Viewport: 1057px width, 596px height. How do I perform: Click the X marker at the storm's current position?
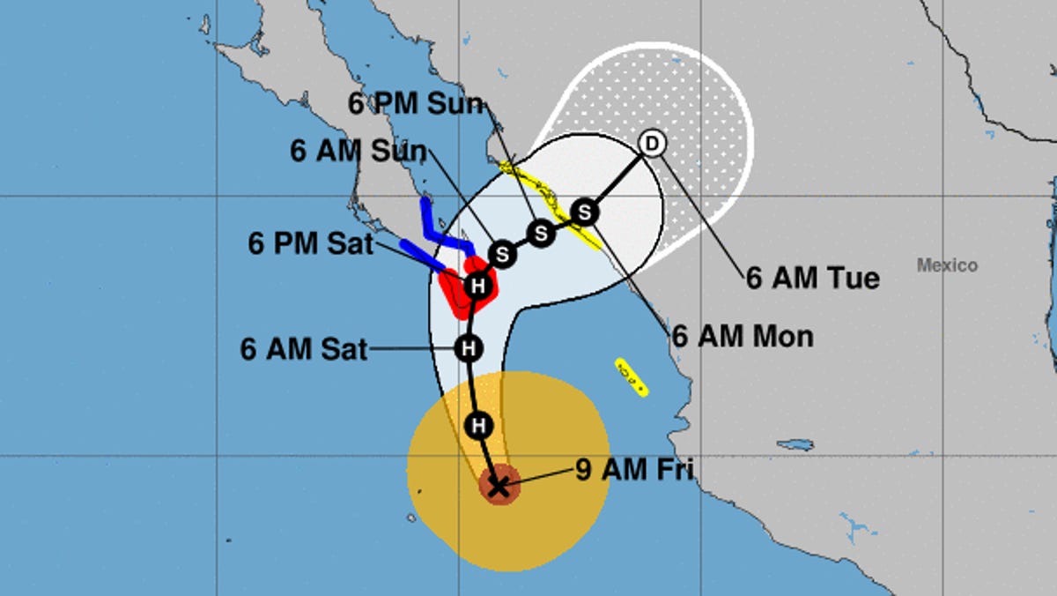[x=499, y=486]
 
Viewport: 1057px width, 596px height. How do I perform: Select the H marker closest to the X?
[x=479, y=426]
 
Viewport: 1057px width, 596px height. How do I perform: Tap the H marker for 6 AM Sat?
[x=469, y=348]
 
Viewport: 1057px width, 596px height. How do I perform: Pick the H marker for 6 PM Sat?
[x=477, y=286]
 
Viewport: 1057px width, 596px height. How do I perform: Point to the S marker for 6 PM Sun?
[x=541, y=234]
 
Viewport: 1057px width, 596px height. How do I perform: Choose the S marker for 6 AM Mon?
[x=584, y=212]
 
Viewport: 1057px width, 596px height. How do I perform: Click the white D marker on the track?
[x=651, y=143]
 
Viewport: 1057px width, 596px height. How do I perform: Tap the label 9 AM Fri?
[x=634, y=470]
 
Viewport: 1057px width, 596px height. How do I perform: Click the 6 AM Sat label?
[x=303, y=349]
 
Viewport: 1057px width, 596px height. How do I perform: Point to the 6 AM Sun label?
[x=358, y=151]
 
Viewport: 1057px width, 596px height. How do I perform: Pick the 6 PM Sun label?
[x=417, y=104]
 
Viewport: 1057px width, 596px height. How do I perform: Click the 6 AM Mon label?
[x=743, y=336]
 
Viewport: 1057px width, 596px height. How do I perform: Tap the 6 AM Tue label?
[x=812, y=279]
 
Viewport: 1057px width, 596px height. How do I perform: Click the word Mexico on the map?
[x=947, y=265]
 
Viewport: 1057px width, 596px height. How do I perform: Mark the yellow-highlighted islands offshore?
[x=632, y=376]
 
